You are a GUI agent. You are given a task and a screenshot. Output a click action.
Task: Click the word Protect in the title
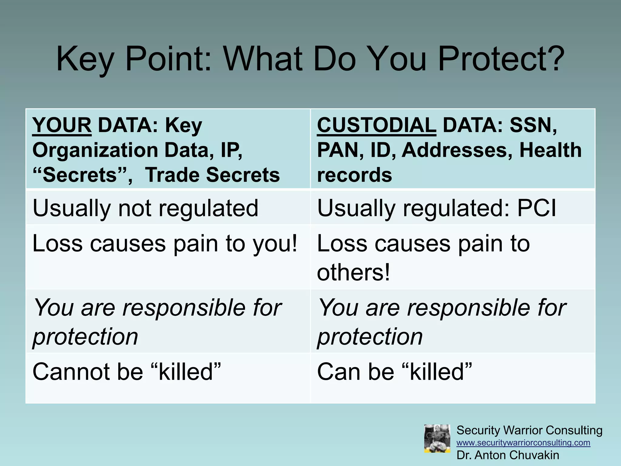pyautogui.click(x=501, y=59)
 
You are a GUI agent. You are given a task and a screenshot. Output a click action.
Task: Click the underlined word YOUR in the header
pyautogui.click(x=62, y=125)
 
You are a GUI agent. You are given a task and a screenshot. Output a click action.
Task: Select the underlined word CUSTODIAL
pyautogui.click(x=376, y=125)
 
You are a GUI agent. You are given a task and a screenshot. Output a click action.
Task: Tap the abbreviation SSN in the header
pyautogui.click(x=533, y=125)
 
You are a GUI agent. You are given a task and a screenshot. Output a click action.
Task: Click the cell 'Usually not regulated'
pyautogui.click(x=145, y=208)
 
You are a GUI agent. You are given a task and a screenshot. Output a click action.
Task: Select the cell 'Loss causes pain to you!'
pyautogui.click(x=165, y=243)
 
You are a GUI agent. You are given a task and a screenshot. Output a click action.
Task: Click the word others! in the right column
pyautogui.click(x=353, y=272)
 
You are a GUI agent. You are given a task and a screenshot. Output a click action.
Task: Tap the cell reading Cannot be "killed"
pyautogui.click(x=126, y=372)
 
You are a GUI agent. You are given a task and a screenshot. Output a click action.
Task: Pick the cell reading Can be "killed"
pyautogui.click(x=394, y=372)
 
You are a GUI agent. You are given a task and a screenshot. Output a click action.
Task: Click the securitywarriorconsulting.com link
pyautogui.click(x=523, y=443)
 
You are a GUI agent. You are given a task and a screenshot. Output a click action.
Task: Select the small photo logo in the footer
pyautogui.click(x=437, y=439)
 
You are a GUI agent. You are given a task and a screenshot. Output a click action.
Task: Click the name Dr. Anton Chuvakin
pyautogui.click(x=508, y=455)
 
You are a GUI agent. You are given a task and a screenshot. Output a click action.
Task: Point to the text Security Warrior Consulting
pyautogui.click(x=529, y=430)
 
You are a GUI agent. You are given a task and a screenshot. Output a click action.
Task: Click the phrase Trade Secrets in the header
pyautogui.click(x=212, y=175)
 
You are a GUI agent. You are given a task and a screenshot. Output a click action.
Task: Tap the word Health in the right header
pyautogui.click(x=550, y=150)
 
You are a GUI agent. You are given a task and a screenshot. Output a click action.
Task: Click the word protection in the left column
pyautogui.click(x=85, y=336)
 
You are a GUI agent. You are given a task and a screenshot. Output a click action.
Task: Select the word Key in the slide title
pyautogui.click(x=85, y=59)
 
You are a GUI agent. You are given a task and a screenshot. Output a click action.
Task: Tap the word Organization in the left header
pyautogui.click(x=95, y=150)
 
